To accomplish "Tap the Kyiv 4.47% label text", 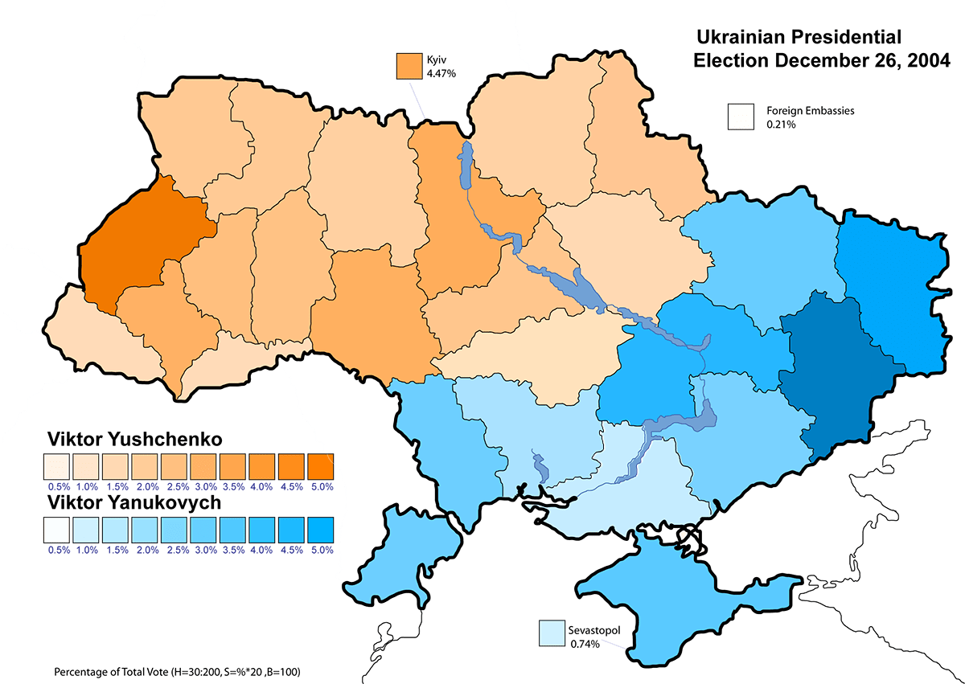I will click(441, 67).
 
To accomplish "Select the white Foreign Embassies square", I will click(741, 117).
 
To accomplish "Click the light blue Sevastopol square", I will click(552, 633).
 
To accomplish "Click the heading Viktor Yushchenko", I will click(134, 440).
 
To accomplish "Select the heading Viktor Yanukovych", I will click(133, 503).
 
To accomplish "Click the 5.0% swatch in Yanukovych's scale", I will click(320, 530).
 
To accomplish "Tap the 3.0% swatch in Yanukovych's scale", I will click(203, 530).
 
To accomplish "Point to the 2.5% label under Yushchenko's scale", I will click(174, 486).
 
